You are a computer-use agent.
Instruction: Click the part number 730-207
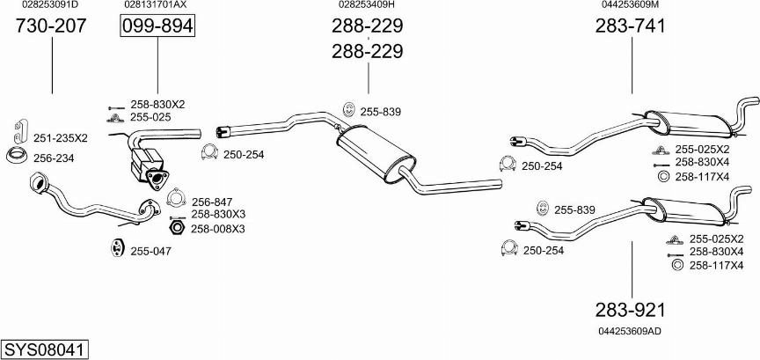(x=51, y=26)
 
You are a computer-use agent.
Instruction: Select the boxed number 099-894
(x=157, y=26)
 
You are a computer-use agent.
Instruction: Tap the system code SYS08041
(x=45, y=349)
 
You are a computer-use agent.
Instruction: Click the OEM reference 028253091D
(x=50, y=5)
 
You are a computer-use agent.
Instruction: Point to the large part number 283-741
(x=631, y=26)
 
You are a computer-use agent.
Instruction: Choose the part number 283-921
(x=631, y=310)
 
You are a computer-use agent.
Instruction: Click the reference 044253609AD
(x=630, y=331)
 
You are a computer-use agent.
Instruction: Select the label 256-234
(x=54, y=158)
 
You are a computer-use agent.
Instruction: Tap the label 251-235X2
(x=60, y=138)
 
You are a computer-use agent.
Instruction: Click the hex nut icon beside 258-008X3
(x=177, y=227)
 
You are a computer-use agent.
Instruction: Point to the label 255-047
(x=150, y=251)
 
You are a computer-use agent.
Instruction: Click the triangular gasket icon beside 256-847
(x=177, y=198)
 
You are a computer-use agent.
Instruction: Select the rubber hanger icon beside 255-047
(x=116, y=247)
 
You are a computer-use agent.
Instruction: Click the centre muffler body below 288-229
(x=376, y=154)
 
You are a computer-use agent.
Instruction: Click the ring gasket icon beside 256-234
(x=17, y=156)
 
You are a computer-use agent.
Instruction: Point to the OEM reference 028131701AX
(x=156, y=5)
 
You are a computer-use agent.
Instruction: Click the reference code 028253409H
(x=367, y=5)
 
